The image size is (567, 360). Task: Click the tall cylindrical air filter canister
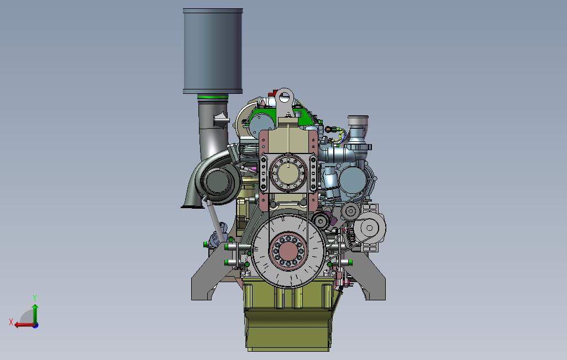tap(213, 51)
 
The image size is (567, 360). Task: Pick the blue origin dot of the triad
tap(35, 325)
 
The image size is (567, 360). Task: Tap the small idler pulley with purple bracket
tap(319, 221)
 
